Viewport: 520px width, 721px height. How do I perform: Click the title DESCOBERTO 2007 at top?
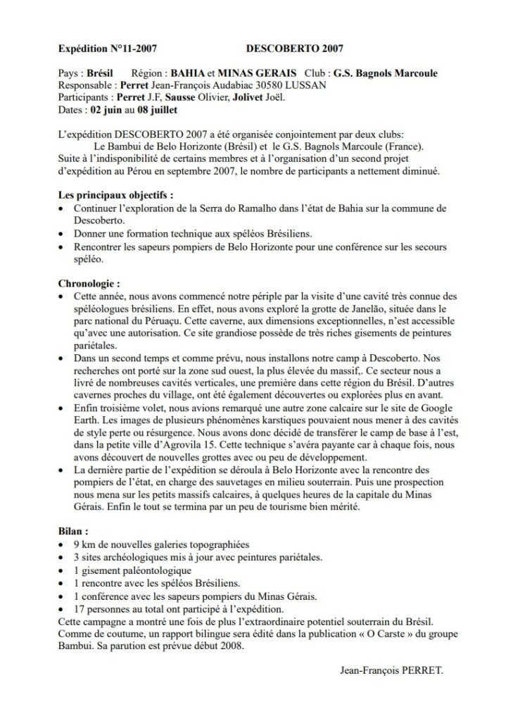[x=296, y=49]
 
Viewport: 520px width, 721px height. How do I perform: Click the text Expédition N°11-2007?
[x=106, y=49]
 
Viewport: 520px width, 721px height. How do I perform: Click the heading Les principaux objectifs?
[x=113, y=195]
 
